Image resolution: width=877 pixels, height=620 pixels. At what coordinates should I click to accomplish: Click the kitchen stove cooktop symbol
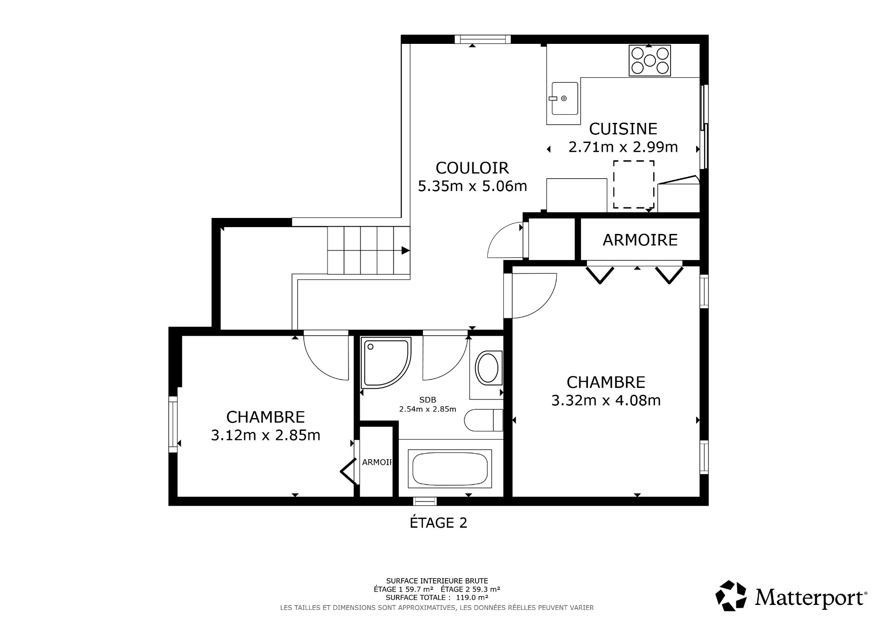tap(650, 60)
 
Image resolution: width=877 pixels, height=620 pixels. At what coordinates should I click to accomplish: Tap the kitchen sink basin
tap(565, 98)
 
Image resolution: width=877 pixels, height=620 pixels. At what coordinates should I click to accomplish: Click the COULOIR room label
tap(472, 168)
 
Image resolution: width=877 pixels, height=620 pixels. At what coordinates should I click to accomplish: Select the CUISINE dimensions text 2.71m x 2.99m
tap(623, 147)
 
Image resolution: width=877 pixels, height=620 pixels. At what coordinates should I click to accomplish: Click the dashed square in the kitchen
tap(633, 184)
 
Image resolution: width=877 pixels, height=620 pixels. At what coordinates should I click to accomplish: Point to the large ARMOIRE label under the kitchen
tap(639, 240)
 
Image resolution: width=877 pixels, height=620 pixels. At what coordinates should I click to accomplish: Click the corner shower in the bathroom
tap(385, 363)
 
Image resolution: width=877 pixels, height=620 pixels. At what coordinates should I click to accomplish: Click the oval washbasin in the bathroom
tap(488, 368)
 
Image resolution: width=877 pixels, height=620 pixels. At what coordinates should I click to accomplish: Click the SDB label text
tap(428, 400)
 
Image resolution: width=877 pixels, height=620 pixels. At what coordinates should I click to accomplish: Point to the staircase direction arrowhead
tap(405, 250)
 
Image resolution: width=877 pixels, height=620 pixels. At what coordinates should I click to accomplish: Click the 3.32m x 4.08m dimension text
tap(606, 401)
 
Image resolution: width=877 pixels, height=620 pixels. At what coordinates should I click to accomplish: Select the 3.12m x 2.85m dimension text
tap(265, 435)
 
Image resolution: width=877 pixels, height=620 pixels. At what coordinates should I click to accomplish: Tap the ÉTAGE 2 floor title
tap(438, 523)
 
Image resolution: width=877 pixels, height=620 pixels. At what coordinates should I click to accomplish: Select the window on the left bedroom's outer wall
tap(173, 424)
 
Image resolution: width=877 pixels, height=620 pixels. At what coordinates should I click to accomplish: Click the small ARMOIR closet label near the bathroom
tap(377, 462)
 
